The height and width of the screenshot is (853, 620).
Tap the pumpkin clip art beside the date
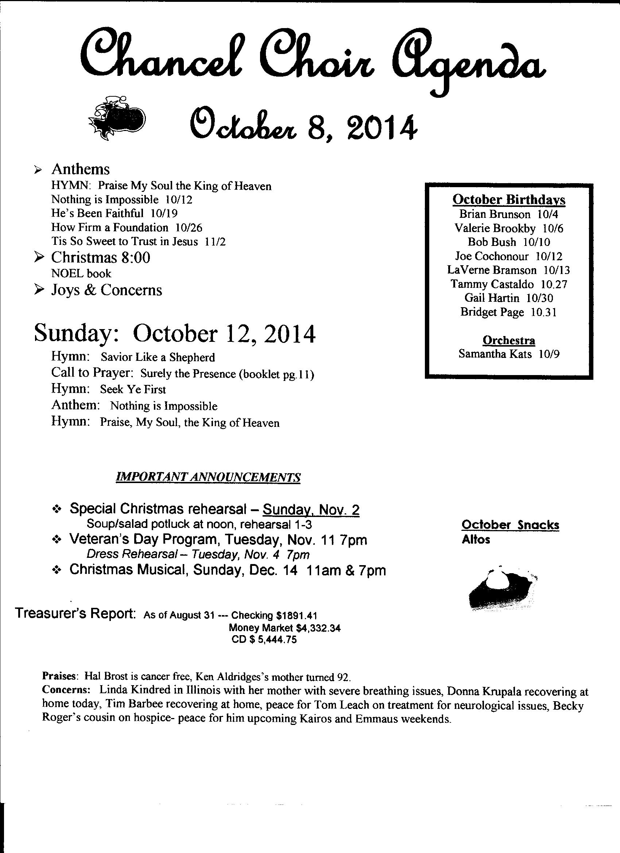(117, 117)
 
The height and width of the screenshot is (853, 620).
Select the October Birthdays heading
(509, 200)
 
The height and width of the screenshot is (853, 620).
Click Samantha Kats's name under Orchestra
(495, 354)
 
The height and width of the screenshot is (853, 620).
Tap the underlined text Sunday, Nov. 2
(311, 510)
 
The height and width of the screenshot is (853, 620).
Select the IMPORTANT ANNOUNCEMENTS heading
(208, 477)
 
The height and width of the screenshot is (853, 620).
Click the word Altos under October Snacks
(476, 540)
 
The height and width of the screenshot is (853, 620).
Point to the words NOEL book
(81, 273)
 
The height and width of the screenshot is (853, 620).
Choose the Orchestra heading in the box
(509, 340)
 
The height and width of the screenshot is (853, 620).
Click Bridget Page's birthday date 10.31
(544, 312)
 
